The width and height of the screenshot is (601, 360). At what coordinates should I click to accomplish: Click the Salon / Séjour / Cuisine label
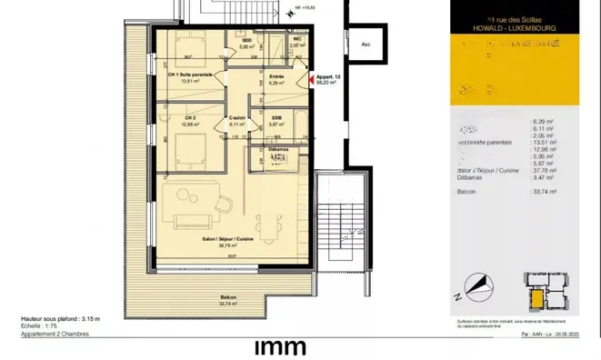click(x=226, y=241)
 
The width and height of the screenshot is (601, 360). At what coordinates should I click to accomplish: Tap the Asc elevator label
click(x=366, y=44)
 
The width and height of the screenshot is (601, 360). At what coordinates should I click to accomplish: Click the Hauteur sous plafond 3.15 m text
click(x=60, y=319)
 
